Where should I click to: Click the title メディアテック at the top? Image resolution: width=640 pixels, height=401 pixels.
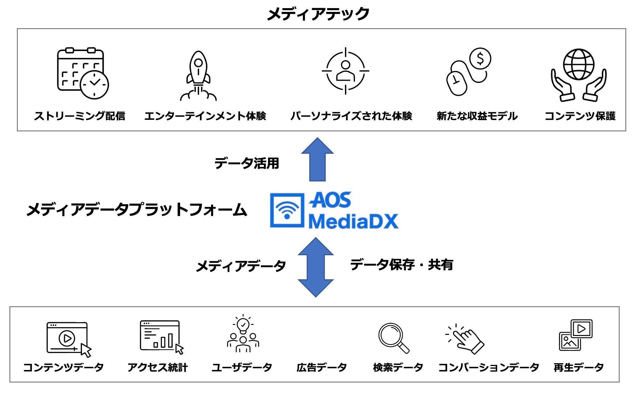(318, 14)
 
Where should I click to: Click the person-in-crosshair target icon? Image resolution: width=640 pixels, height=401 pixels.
(345, 71)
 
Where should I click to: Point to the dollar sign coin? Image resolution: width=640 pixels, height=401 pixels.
(480, 58)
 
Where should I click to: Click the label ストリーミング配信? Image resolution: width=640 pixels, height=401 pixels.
(79, 116)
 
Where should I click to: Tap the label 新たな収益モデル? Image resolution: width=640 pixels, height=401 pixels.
(477, 116)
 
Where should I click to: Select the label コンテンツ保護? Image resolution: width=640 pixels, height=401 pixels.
(580, 116)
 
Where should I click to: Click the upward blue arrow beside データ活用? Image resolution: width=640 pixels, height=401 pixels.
(317, 160)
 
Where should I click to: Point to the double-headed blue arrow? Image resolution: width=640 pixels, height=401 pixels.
(316, 267)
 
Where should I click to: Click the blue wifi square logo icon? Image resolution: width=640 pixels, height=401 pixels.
(287, 210)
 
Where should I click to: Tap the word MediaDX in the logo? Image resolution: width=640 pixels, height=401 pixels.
(353, 221)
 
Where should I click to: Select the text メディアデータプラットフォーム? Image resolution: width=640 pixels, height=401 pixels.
(137, 210)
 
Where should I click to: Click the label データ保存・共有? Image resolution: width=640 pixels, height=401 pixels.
(402, 265)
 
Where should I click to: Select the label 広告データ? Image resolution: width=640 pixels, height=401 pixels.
(322, 367)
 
